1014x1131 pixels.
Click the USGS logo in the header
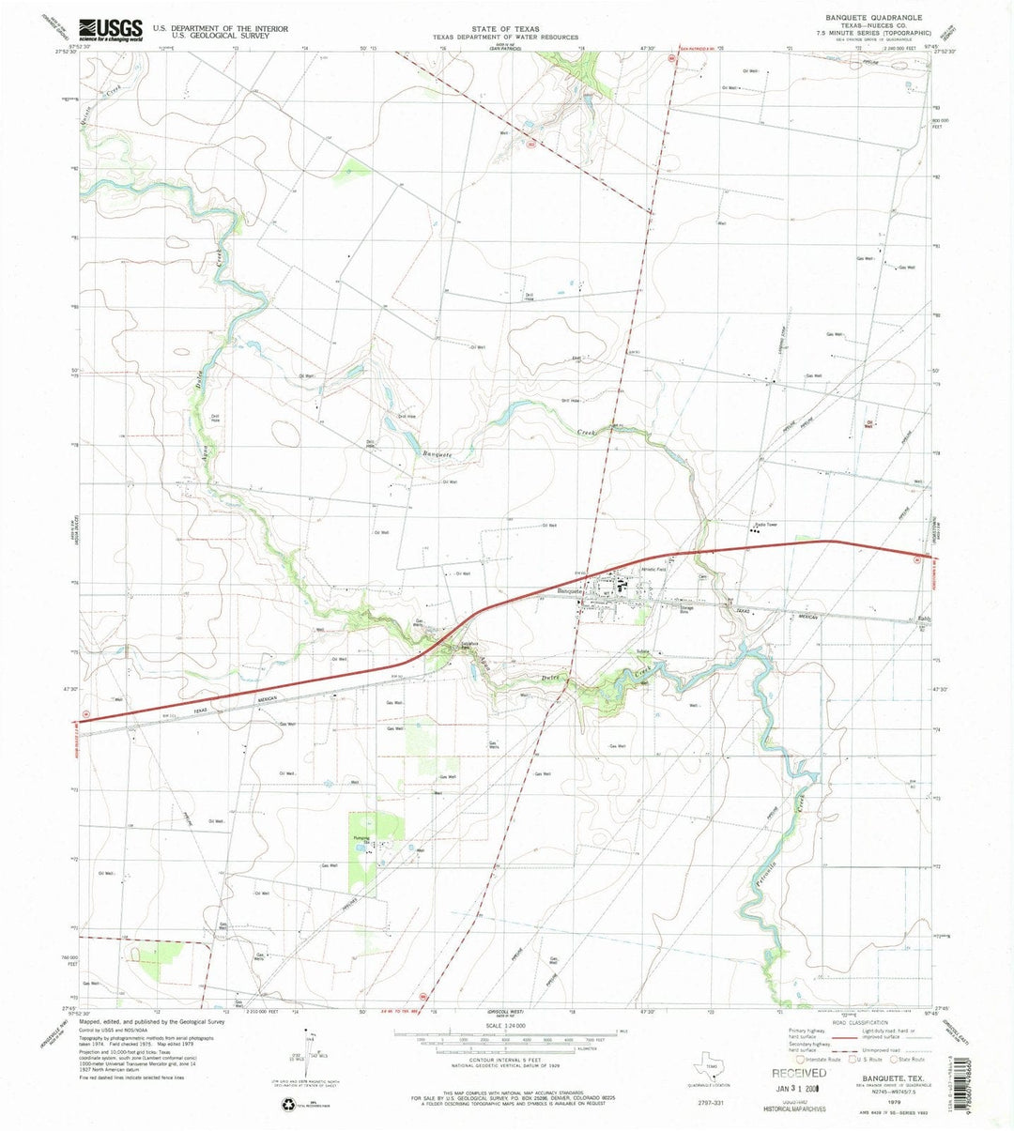111,30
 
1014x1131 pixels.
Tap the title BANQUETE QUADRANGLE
873,18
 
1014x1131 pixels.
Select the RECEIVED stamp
799,1072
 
